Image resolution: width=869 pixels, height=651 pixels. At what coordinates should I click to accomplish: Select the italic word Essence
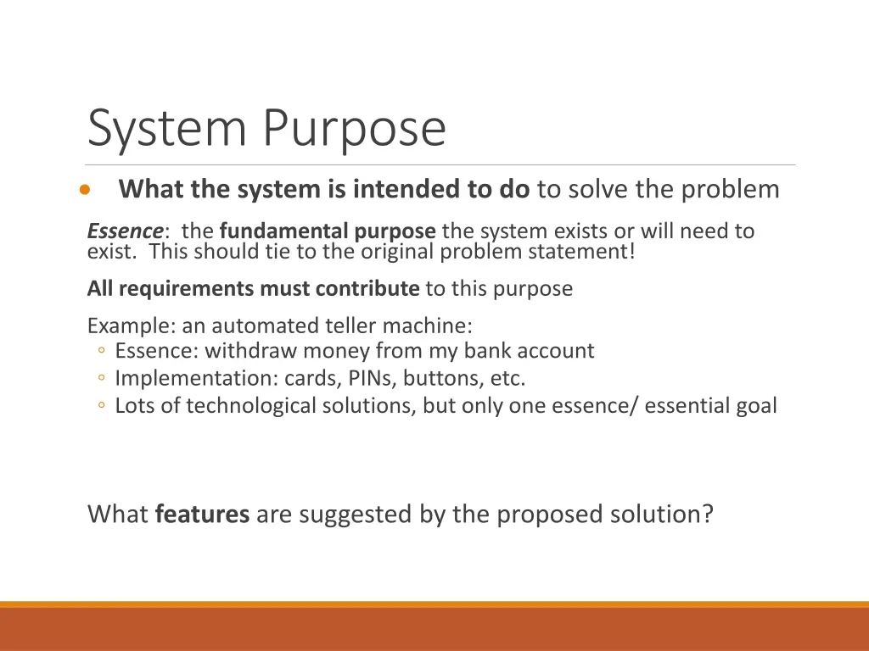pyautogui.click(x=126, y=231)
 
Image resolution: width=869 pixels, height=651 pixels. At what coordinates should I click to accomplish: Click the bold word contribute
pyautogui.click(x=367, y=289)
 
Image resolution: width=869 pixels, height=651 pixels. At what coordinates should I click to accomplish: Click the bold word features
pyautogui.click(x=202, y=515)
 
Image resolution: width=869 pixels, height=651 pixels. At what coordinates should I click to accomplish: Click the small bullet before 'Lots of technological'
pyautogui.click(x=101, y=406)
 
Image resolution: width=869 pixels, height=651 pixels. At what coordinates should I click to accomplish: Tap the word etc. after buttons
pyautogui.click(x=508, y=378)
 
